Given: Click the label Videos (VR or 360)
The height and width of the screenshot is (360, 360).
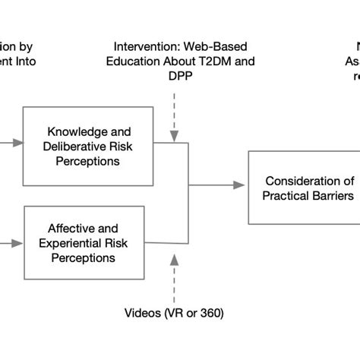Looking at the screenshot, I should coord(174,313).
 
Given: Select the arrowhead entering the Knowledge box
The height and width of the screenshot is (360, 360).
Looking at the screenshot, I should coord(20,141).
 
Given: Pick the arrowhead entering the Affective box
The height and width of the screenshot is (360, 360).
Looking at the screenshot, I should coord(20,244).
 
